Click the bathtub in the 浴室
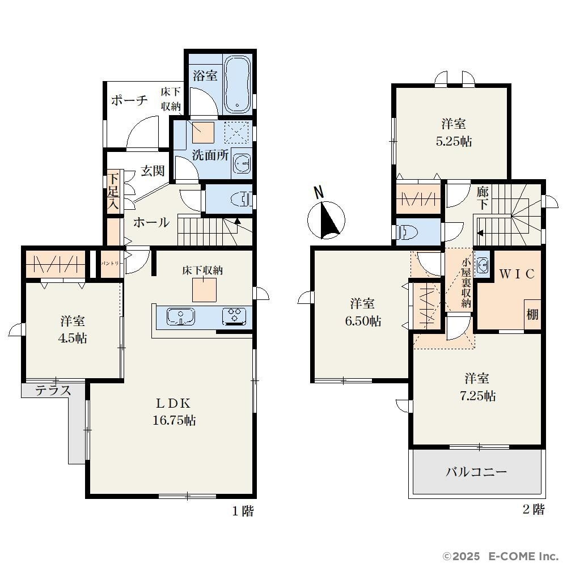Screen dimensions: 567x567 (x=237, y=84)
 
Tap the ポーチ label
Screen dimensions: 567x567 (x=129, y=100)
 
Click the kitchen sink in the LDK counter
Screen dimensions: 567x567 (x=180, y=316)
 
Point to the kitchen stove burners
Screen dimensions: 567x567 (x=234, y=315)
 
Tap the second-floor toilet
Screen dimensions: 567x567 (x=407, y=231)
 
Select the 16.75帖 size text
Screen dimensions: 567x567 (x=174, y=420)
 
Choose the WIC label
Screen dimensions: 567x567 (x=517, y=274)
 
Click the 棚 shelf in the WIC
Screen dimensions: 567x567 (x=532, y=315)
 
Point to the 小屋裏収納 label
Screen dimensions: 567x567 (x=466, y=283)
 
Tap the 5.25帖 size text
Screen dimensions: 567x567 (x=454, y=141)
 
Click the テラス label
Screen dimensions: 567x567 (x=53, y=391)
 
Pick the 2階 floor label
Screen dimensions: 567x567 (x=534, y=510)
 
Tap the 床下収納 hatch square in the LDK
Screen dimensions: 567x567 (x=204, y=290)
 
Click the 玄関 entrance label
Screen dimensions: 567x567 (x=153, y=171)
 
